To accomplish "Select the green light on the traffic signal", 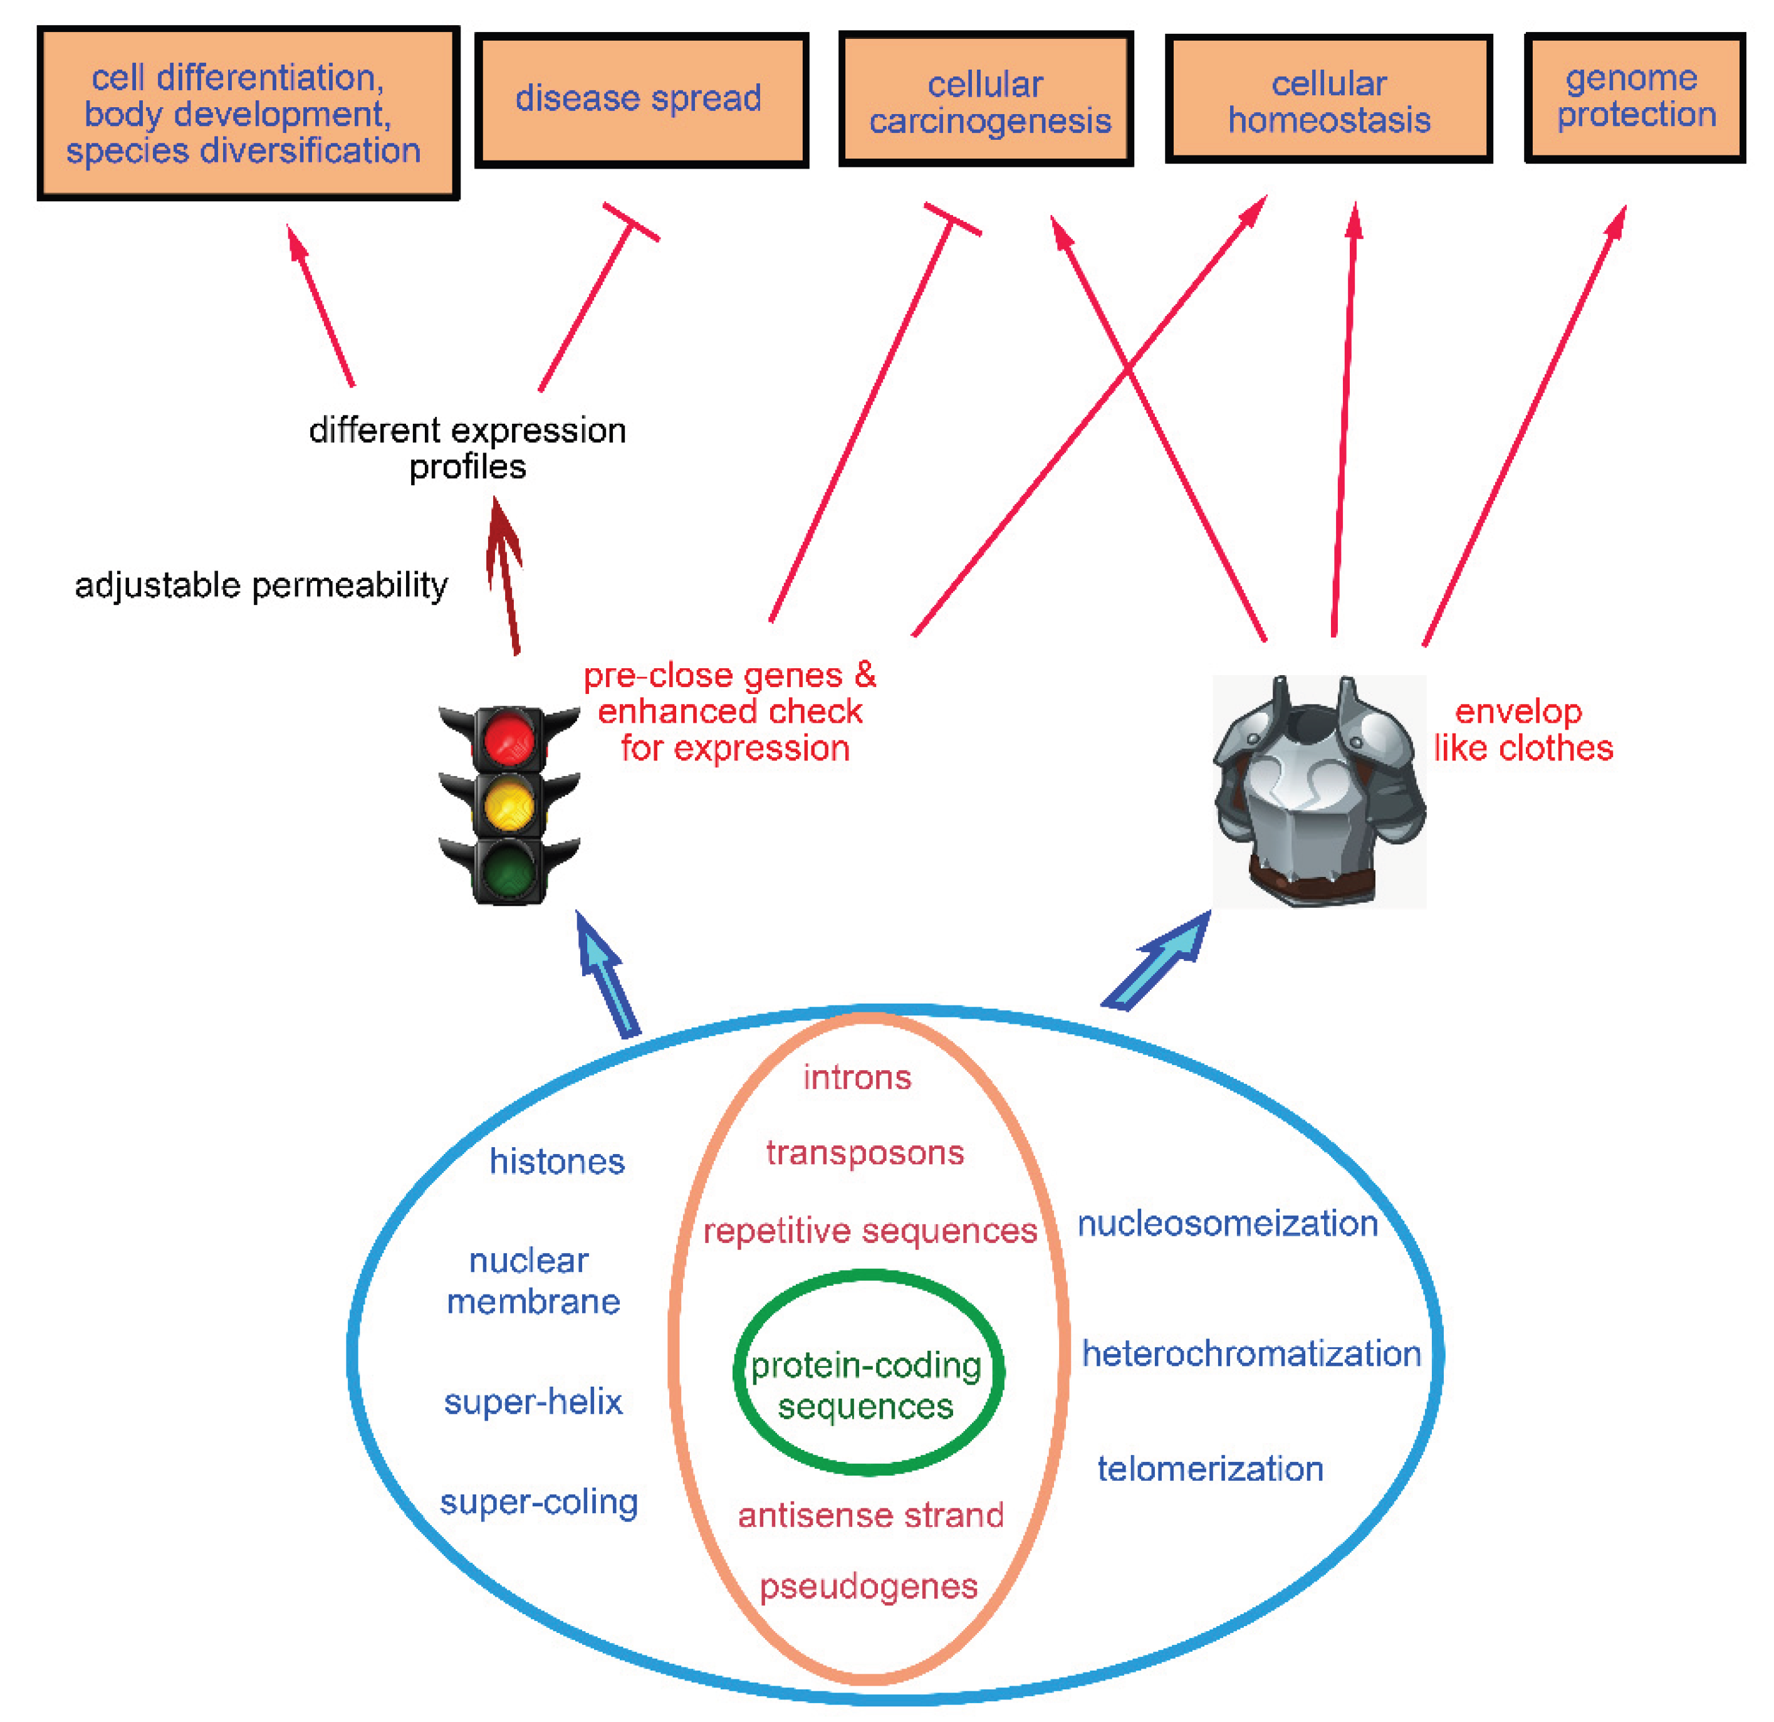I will pos(509,869).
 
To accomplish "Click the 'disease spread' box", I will pos(641,100).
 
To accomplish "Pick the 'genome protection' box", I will pos(1635,98).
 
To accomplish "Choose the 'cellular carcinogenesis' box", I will pos(986,100).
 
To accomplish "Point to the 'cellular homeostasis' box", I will pos(1328,100).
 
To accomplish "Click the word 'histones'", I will pos(556,1162).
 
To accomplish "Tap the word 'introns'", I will pos(857,1078).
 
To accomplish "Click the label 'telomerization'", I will pos(1210,1469).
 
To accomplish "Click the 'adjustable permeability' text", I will pos(261,585).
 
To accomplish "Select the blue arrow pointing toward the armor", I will pos(1159,962).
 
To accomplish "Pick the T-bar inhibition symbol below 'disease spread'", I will pos(631,223).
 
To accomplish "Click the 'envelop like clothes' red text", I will pos(1523,730).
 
